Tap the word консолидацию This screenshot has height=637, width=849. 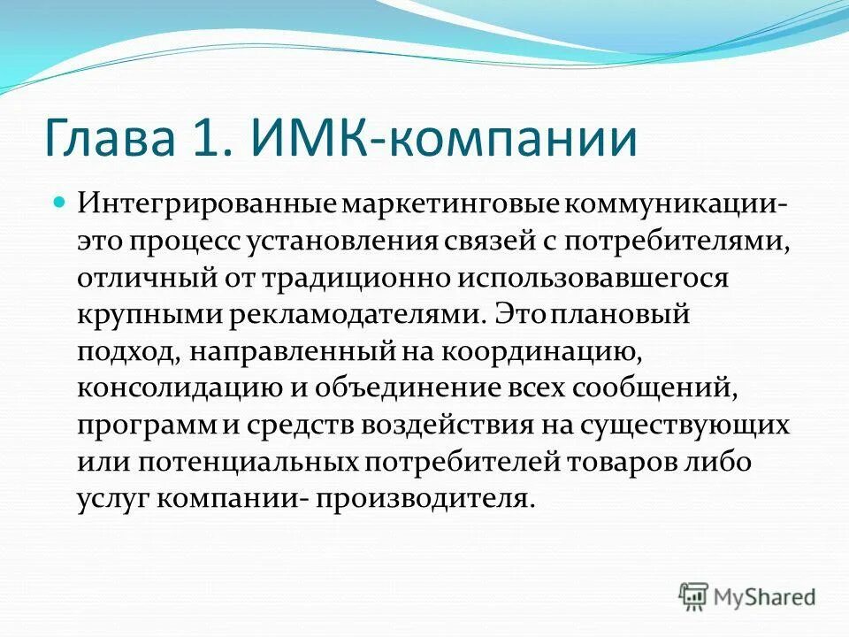pyautogui.click(x=173, y=388)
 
